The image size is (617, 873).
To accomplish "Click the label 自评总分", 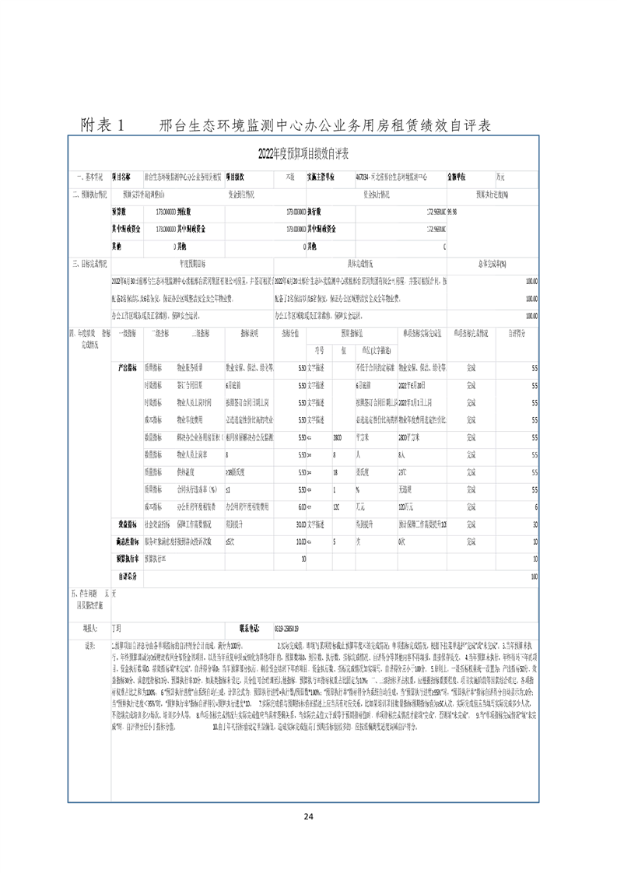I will coord(128,576).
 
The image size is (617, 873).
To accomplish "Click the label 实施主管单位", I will coord(321,177).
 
